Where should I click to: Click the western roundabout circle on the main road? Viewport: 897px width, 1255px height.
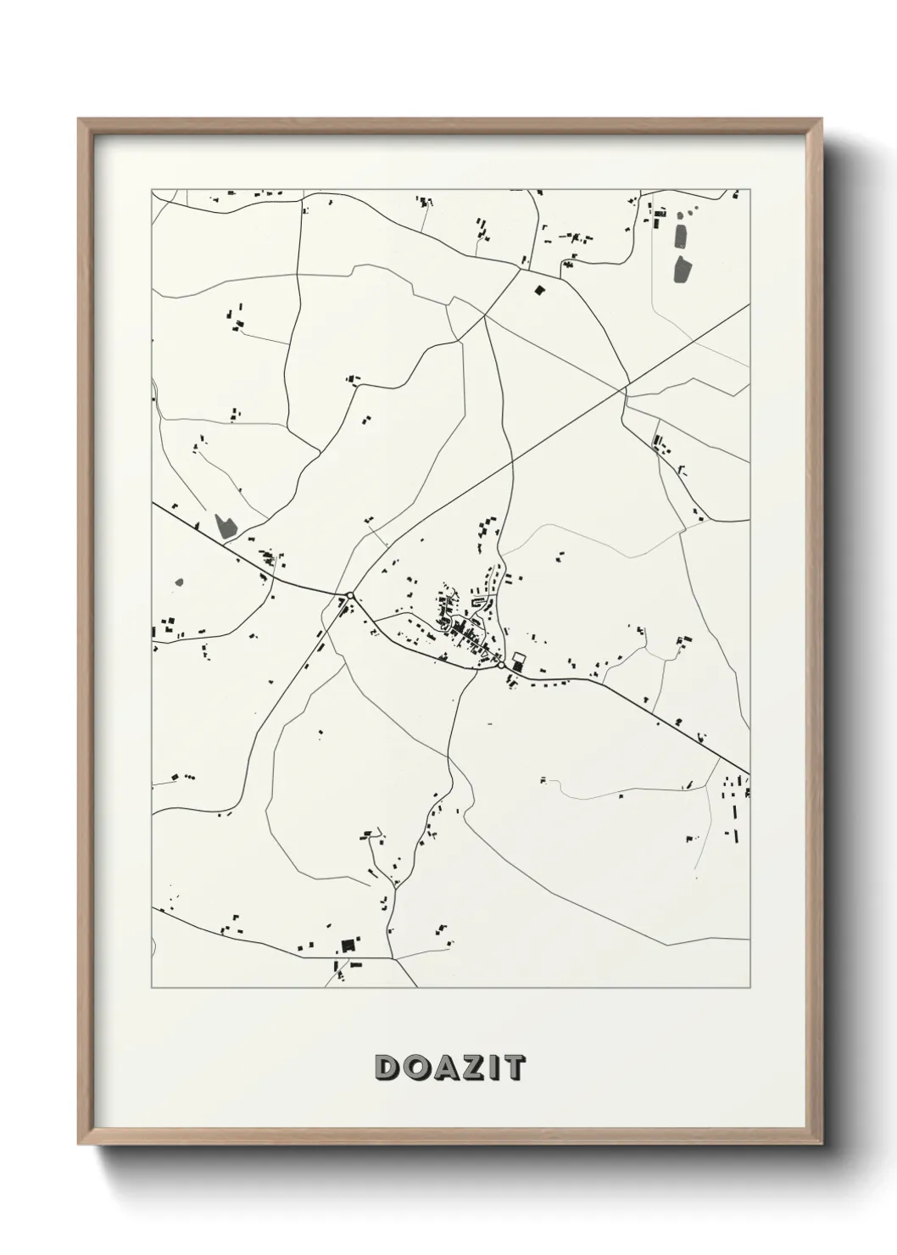(x=349, y=595)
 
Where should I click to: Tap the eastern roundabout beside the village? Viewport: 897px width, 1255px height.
(x=502, y=667)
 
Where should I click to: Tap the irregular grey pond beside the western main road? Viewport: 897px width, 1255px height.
(x=225, y=526)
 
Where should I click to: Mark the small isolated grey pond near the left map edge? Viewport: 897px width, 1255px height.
(x=178, y=583)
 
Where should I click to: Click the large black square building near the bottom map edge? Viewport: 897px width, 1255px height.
(x=346, y=945)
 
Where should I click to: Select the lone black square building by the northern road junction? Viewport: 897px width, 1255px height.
(x=538, y=290)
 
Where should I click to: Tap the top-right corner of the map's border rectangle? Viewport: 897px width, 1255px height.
(x=749, y=189)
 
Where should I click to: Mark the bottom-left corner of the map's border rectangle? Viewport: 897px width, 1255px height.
(x=152, y=987)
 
